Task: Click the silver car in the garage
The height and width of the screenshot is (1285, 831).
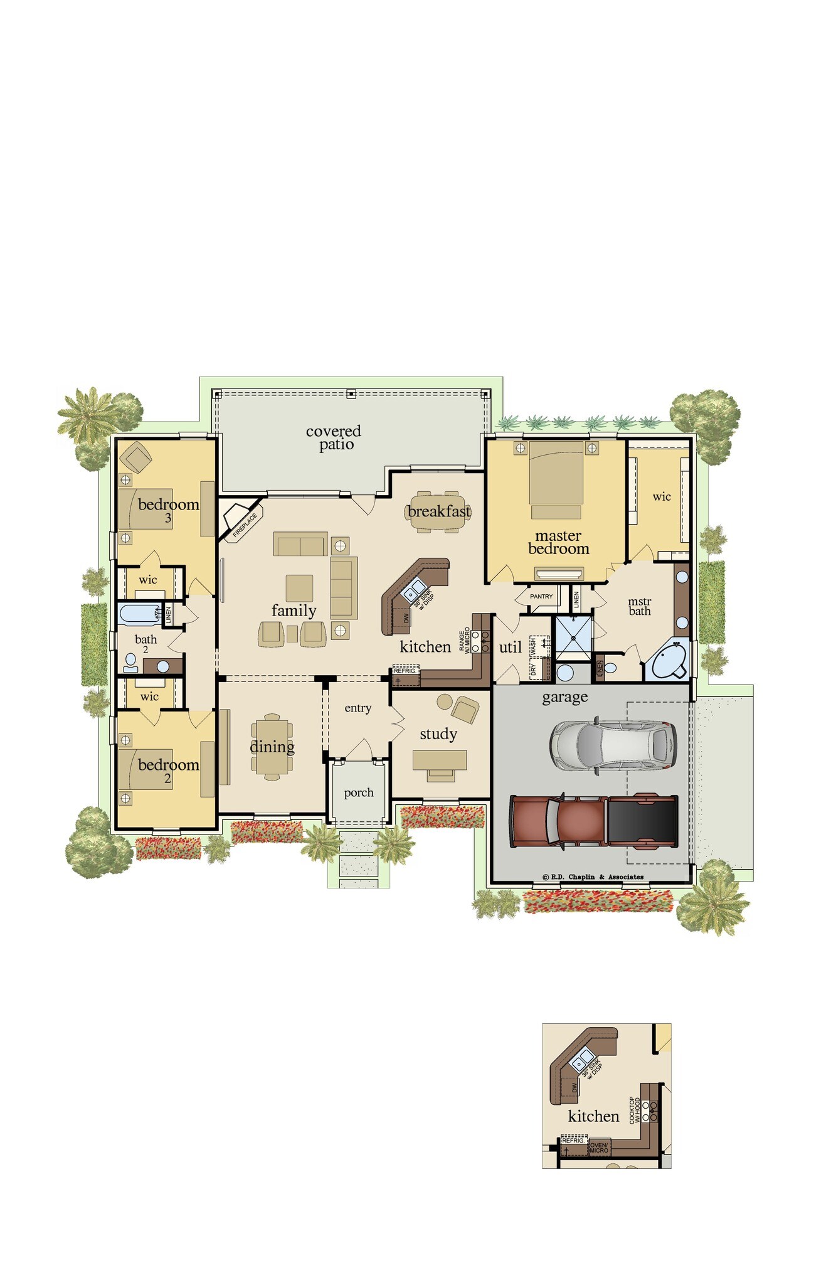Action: pos(613,744)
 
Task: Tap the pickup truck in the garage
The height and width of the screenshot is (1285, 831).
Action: pos(593,821)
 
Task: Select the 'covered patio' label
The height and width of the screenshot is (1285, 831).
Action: pos(334,437)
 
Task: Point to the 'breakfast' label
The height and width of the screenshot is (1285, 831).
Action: pos(438,511)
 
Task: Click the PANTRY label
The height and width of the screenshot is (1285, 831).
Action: pos(541,596)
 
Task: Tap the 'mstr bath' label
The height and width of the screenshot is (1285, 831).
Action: pos(639,606)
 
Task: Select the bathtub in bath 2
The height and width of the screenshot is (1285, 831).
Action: pos(139,614)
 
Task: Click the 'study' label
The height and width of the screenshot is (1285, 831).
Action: pos(438,734)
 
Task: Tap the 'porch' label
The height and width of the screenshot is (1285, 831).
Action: pos(359,792)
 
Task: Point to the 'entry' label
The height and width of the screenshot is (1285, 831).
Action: pos(357,708)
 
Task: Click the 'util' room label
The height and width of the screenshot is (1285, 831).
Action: pos(510,647)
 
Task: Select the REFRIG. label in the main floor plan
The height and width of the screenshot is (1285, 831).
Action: pos(405,670)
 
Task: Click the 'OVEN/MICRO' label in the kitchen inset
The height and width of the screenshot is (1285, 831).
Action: pos(599,1148)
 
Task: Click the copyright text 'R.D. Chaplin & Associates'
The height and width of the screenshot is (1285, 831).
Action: pos(593,877)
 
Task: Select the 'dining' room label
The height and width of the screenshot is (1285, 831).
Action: pos(272,747)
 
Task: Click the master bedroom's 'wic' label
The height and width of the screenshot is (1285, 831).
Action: pos(661,497)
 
